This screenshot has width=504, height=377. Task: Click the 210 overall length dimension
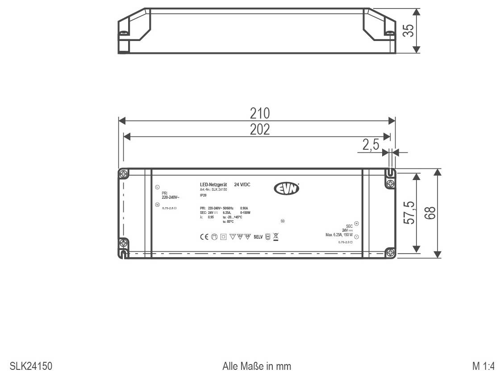click(x=260, y=113)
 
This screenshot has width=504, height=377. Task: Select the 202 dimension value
click(x=260, y=129)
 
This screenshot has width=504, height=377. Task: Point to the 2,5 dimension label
click(x=371, y=145)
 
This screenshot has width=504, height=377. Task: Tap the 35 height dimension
click(x=408, y=30)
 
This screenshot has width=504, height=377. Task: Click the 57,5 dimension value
click(x=408, y=213)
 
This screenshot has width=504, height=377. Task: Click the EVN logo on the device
click(x=286, y=189)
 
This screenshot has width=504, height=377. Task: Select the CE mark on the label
click(x=204, y=237)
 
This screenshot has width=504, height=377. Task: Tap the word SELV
click(x=258, y=237)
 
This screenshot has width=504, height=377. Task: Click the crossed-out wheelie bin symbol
click(x=276, y=237)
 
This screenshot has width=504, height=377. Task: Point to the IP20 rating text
click(x=203, y=195)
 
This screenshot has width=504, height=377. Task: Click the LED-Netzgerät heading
click(x=213, y=184)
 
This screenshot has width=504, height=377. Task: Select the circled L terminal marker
click(x=157, y=187)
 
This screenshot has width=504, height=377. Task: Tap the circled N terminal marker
click(x=157, y=205)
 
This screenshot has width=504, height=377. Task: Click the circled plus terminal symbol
click(x=356, y=223)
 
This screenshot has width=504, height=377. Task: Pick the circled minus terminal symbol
click(x=356, y=237)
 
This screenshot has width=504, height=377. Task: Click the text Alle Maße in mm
click(x=257, y=366)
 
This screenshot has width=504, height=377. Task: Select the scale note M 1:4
click(x=483, y=366)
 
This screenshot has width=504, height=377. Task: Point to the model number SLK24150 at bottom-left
click(x=31, y=366)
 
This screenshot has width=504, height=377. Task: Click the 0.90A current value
click(x=244, y=208)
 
